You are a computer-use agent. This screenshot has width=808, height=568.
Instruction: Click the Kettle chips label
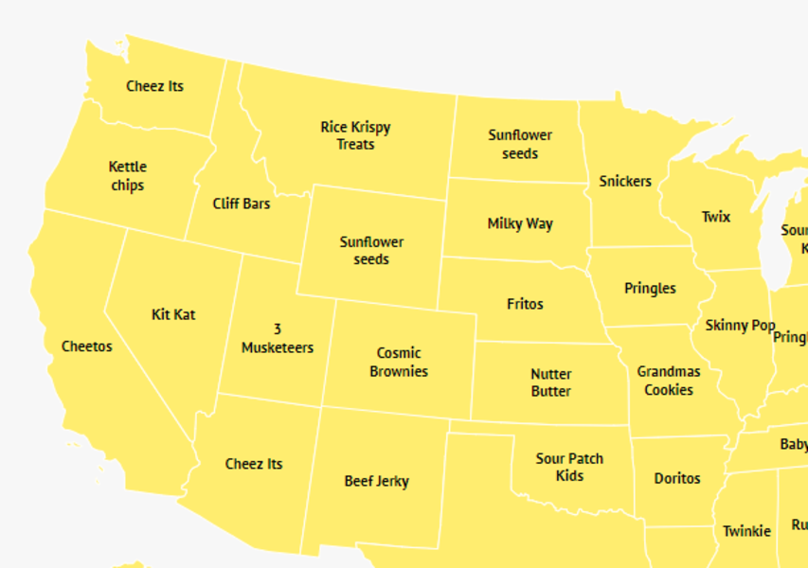(128, 176)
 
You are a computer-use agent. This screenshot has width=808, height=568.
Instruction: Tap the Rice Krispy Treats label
(355, 135)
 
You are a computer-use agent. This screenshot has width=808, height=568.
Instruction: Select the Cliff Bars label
(242, 204)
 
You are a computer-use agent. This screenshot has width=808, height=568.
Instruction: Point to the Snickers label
(625, 181)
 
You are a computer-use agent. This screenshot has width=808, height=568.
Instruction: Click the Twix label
(716, 217)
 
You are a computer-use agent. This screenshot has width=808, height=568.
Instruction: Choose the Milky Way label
(520, 224)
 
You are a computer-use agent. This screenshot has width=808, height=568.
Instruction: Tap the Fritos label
(525, 304)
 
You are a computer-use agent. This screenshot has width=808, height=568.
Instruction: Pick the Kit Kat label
(173, 314)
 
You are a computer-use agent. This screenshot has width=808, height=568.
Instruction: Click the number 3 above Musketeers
(278, 329)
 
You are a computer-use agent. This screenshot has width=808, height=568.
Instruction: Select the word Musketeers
(278, 347)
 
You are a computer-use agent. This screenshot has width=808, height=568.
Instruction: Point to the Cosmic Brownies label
(399, 363)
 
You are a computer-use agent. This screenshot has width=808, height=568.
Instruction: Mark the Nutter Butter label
(550, 382)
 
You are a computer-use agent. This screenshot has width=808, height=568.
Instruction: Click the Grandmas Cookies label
(669, 381)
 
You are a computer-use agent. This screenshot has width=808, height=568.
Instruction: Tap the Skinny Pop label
(740, 326)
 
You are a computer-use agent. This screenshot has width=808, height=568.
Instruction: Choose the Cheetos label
(86, 346)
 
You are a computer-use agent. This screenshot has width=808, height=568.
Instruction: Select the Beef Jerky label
(376, 481)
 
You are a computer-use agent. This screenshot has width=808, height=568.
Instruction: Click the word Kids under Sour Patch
(569, 476)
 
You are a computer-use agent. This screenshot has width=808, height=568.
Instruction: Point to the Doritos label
(677, 478)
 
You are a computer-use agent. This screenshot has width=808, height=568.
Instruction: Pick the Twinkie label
(746, 531)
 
